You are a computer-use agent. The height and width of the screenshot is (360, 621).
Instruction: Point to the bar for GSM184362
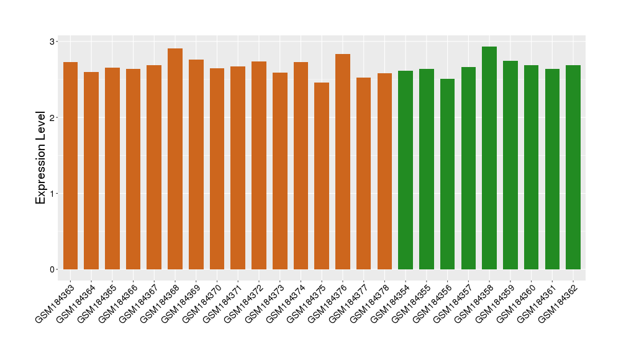click(573, 167)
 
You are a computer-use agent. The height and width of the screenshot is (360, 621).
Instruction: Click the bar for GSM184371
click(238, 168)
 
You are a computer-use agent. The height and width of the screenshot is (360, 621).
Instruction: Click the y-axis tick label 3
click(53, 42)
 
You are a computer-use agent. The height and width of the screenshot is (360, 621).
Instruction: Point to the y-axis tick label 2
click(53, 117)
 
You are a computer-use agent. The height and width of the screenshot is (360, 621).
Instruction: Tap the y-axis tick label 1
click(53, 193)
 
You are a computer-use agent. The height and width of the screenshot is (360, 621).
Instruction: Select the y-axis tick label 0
click(53, 269)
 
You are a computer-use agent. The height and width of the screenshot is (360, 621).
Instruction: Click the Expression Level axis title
click(41, 158)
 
